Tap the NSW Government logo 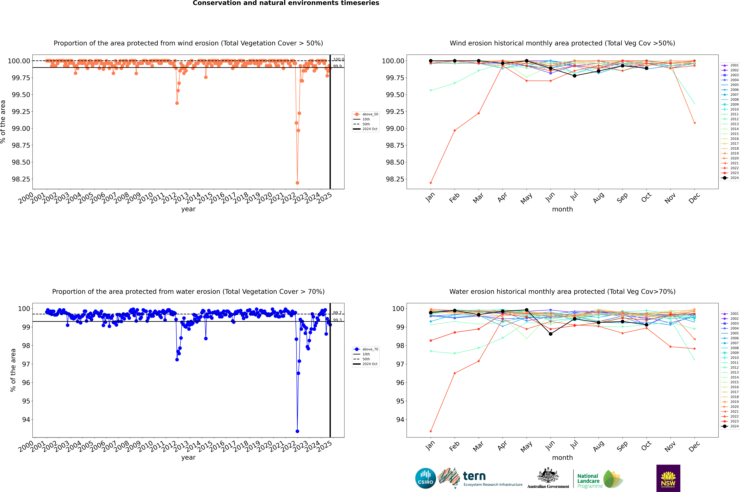(x=668, y=478)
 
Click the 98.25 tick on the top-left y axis (x=21, y=179)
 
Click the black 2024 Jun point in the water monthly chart (x=551, y=334)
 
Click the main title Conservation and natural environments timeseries (x=286, y=3)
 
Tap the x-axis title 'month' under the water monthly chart (x=562, y=458)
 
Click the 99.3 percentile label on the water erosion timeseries (x=337, y=320)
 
